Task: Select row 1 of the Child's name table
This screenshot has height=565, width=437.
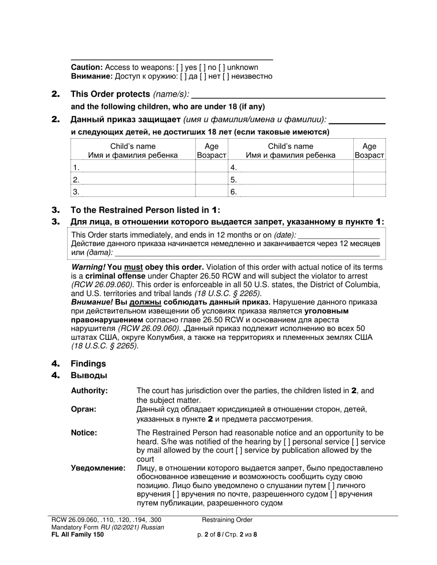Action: pyautogui.click(x=133, y=167)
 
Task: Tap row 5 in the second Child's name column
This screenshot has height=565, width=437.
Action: pyautogui.click(x=291, y=180)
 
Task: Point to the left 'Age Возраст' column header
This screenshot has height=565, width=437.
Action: pyautogui.click(x=212, y=151)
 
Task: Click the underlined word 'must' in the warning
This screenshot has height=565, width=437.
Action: pyautogui.click(x=132, y=267)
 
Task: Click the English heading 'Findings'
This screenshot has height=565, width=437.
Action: pyautogui.click(x=88, y=364)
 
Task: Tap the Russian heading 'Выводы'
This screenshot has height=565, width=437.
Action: pyautogui.click(x=89, y=376)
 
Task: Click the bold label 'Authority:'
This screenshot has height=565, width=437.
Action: pyautogui.click(x=89, y=391)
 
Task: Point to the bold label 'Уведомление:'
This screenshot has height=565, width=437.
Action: pyautogui.click(x=98, y=469)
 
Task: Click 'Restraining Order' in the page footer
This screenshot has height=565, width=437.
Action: pyautogui.click(x=227, y=520)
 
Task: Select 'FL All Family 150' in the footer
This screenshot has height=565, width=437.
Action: pyautogui.click(x=78, y=534)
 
